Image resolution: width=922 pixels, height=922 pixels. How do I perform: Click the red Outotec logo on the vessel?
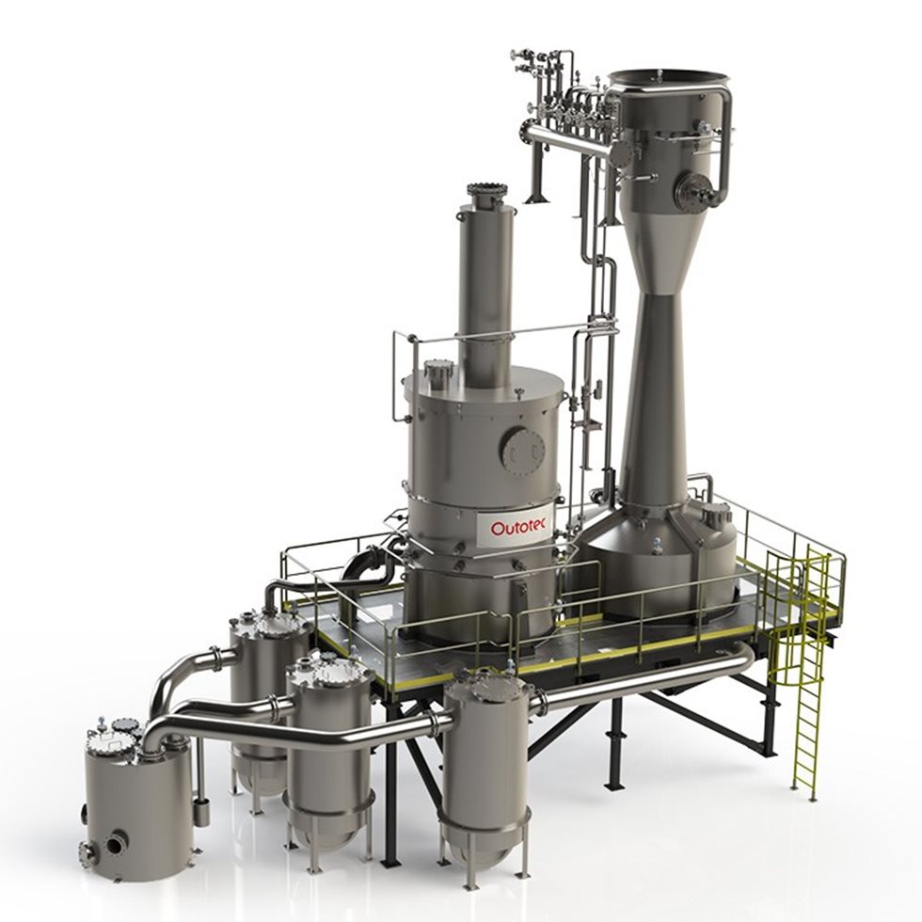(520, 527)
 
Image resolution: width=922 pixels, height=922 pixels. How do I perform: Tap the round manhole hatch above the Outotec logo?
(522, 450)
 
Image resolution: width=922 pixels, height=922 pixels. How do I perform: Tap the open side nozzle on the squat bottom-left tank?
(115, 844)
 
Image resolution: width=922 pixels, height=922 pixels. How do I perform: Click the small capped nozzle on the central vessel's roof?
(438, 374)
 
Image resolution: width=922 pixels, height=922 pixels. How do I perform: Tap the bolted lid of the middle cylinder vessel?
(329, 671)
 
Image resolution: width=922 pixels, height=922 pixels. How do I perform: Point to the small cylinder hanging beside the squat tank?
(200, 809)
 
